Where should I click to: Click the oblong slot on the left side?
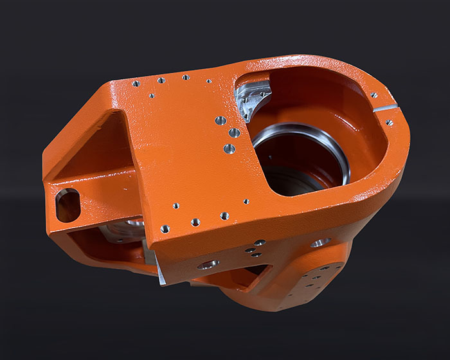[67, 205]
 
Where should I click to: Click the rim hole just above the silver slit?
[374, 95]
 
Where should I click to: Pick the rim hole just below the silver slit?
[389, 123]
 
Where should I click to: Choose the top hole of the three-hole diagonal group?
[220, 120]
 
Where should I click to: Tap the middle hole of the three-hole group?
[235, 133]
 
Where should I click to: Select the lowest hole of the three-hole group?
[230, 149]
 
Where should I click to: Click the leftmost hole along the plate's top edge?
[136, 84]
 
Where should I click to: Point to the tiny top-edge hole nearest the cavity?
[208, 82]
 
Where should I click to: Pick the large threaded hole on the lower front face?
[208, 264]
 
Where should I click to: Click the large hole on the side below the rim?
[319, 242]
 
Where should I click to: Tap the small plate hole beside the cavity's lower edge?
[246, 201]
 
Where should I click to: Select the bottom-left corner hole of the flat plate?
[165, 228]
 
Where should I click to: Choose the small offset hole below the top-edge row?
[151, 96]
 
